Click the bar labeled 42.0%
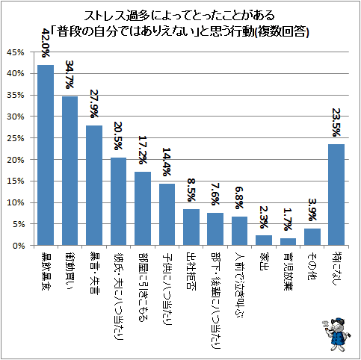tap(46, 155)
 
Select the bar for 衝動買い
tap(70, 171)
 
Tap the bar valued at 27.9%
tap(94, 185)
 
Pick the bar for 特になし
tap(336, 195)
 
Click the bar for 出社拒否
tap(191, 227)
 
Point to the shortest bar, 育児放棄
tap(288, 241)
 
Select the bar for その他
tap(312, 237)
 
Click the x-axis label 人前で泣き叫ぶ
tap(240, 279)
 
